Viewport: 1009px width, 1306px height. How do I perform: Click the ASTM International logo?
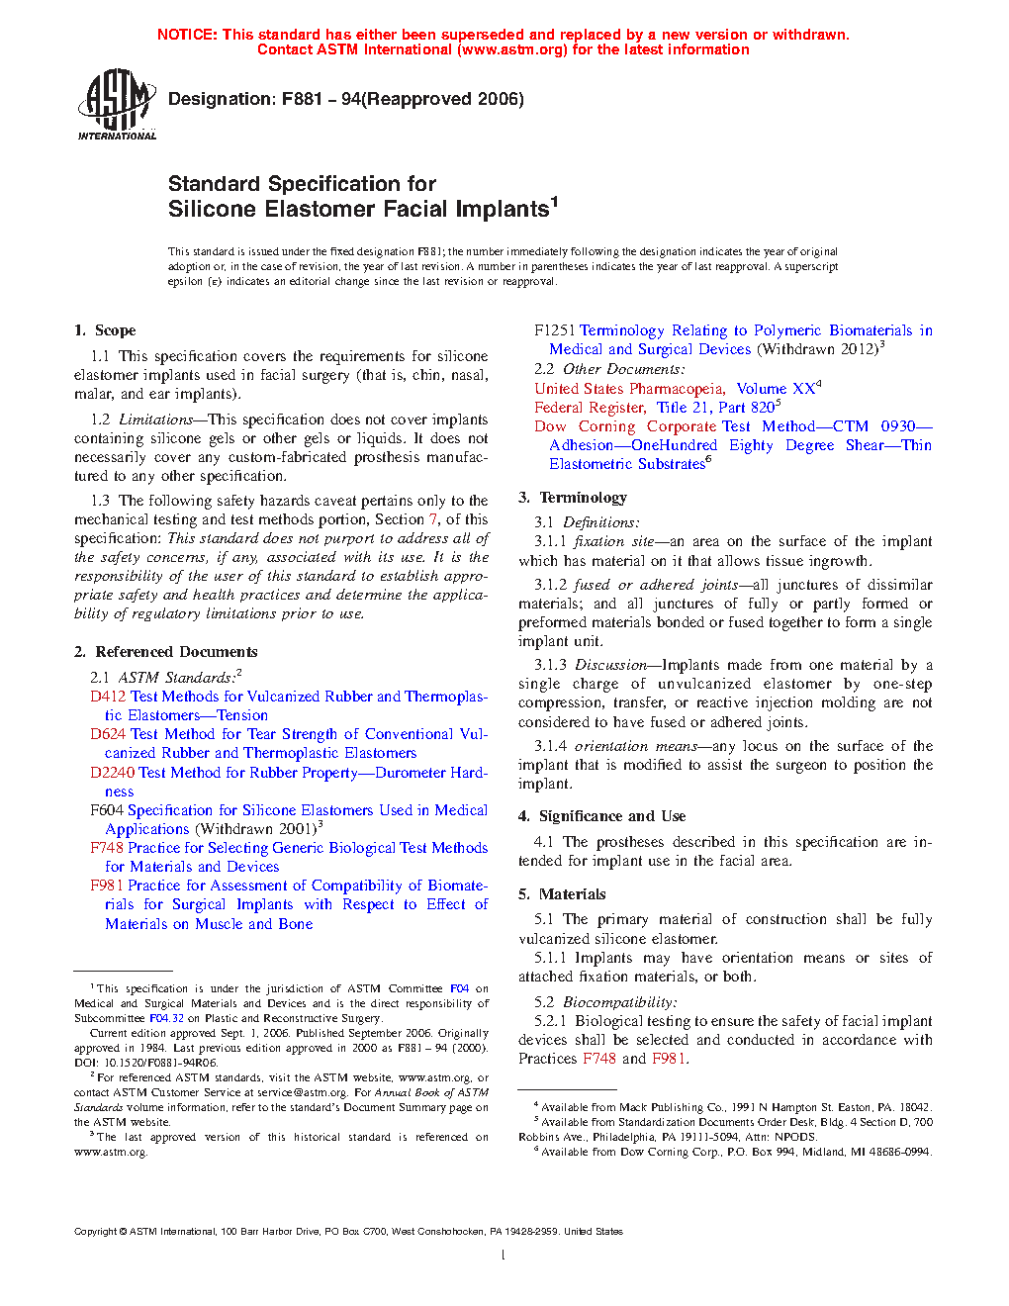[117, 104]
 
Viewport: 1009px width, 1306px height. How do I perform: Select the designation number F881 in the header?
[303, 99]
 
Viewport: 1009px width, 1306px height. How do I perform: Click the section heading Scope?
[115, 330]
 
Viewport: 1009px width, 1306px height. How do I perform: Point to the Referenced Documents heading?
[176, 652]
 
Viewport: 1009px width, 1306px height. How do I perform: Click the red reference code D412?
[108, 697]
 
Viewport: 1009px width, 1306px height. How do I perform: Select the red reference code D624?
[108, 734]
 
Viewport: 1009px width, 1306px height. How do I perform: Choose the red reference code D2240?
[112, 773]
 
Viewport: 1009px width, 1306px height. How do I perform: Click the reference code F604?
[106, 810]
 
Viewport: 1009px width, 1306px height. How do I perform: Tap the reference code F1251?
[554, 330]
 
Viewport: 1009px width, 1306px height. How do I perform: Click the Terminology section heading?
[583, 498]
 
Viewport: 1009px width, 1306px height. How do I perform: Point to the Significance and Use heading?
[611, 816]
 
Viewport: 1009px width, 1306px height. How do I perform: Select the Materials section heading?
[572, 894]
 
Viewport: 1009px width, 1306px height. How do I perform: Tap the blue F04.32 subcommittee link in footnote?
[166, 1018]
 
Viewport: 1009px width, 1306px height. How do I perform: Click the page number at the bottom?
[504, 1256]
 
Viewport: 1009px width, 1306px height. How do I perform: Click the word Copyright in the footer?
[95, 1232]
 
